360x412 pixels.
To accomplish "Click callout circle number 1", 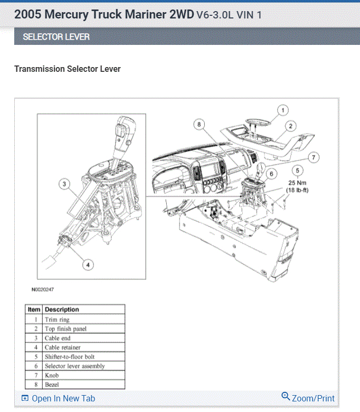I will point(282,110).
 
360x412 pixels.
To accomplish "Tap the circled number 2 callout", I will point(291,126).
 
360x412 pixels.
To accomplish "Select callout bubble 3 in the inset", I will point(64,184).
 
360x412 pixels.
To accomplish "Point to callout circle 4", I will point(88,265).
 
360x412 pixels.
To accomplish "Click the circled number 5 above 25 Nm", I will point(298,171).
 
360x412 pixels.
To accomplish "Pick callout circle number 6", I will point(271,173).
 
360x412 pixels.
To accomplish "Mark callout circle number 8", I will point(198,125).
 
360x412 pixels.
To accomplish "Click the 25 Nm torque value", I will point(298,182).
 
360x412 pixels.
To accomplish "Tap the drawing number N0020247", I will point(43,289).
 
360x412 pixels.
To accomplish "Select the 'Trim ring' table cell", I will point(57,320).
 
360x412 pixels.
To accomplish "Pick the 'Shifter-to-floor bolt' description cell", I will point(70,357).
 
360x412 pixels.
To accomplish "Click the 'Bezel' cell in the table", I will point(52,385).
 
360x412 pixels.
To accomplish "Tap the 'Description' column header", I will point(62,310).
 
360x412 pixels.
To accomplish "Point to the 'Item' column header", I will point(34,310).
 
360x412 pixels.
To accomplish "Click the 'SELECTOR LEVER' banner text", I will point(56,37).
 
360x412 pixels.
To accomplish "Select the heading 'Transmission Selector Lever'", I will point(68,69).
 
